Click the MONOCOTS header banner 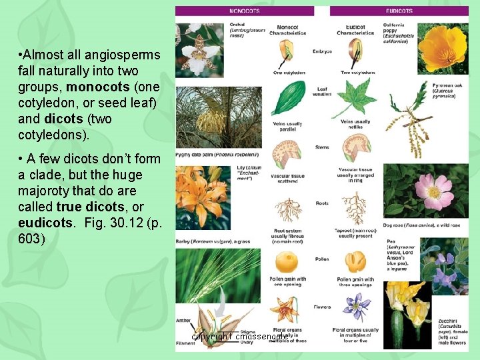245,11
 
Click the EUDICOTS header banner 399,11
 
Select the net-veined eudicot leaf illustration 355,97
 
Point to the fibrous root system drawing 288,209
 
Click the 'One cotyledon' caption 289,73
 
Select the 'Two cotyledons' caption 355,73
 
